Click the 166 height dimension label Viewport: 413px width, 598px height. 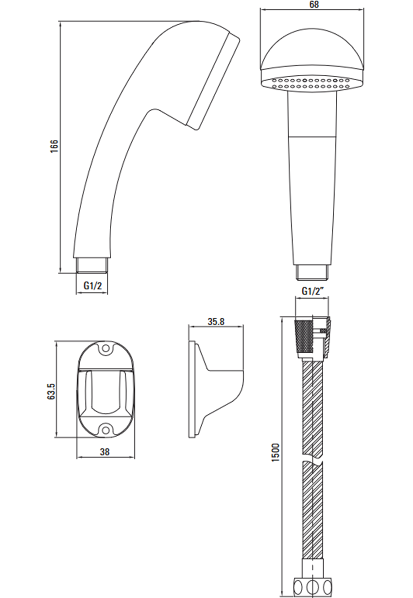[x=54, y=146]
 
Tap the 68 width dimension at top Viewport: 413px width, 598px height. [x=314, y=4]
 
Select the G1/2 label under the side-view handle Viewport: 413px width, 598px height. [x=93, y=286]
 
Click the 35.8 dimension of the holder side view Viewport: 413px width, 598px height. [x=216, y=322]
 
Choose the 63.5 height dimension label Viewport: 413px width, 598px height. [x=51, y=391]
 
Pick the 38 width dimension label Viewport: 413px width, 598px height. [x=104, y=452]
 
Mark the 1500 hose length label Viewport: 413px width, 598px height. [x=275, y=452]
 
